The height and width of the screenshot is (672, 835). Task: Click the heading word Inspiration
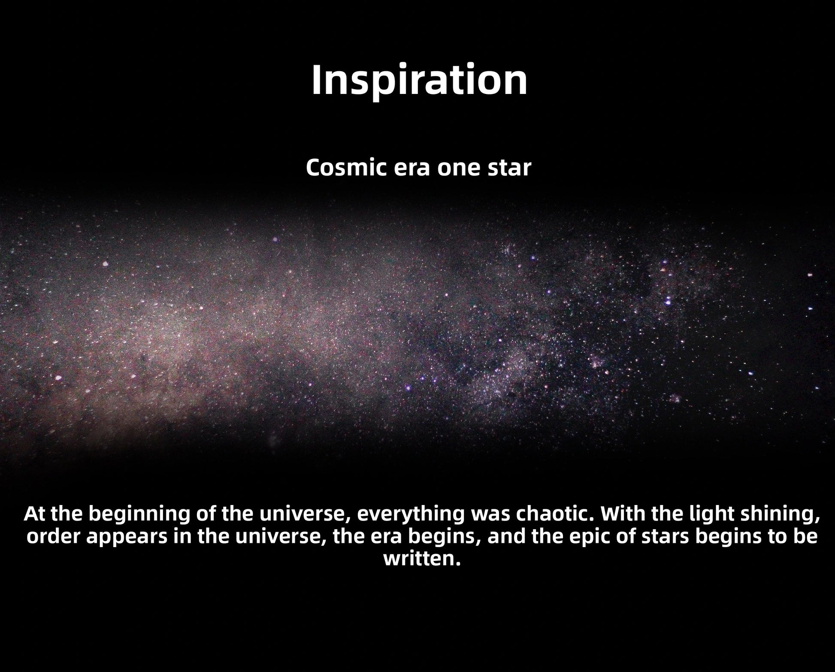(419, 80)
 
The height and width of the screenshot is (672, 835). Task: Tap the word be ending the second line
(805, 537)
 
